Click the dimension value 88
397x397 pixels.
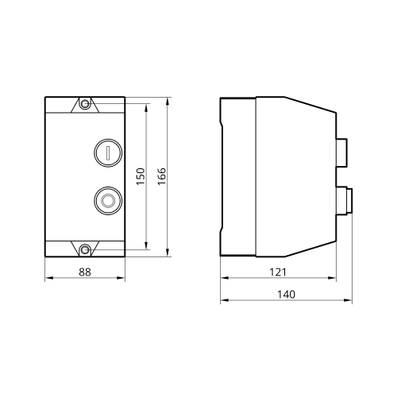point(85,272)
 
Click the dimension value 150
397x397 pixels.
point(141,176)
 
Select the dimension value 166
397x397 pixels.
point(162,176)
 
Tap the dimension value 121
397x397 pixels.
point(278,272)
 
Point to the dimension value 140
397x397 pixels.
point(286,295)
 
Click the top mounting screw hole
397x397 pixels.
point(85,104)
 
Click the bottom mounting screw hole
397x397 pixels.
point(85,249)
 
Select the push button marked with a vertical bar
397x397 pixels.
point(108,152)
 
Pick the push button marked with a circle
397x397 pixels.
point(108,200)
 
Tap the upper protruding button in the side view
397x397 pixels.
point(341,153)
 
